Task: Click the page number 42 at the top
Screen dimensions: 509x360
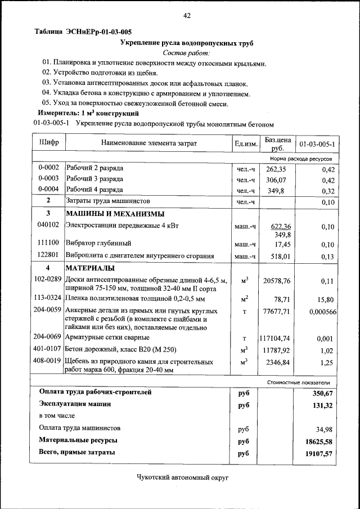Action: click(x=187, y=15)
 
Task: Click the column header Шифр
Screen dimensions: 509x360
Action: click(x=49, y=143)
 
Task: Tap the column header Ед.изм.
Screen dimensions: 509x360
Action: click(x=246, y=144)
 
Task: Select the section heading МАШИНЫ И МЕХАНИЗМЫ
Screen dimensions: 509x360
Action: click(x=115, y=214)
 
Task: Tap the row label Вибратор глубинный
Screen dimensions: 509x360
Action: click(x=98, y=244)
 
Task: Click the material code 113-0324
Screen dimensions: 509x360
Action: click(x=48, y=298)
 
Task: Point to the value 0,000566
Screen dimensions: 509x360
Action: click(x=322, y=312)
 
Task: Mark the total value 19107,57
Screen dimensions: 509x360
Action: click(x=319, y=453)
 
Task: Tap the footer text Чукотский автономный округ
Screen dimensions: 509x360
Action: click(x=184, y=477)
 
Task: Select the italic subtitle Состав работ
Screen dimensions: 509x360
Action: click(x=186, y=52)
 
